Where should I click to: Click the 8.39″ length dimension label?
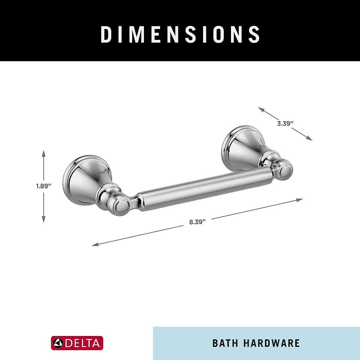pos(197,222)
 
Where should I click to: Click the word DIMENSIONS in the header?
pos(180,34)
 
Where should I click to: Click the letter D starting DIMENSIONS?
pos(105,34)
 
